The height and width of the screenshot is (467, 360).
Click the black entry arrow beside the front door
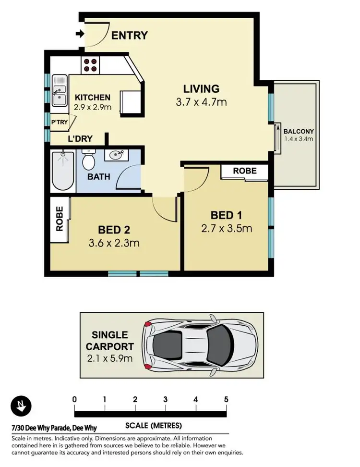pos(79,34)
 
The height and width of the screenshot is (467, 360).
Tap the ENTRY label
pos(129,35)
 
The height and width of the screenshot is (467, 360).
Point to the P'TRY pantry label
pos(60,123)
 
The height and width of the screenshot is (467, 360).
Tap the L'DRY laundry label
pos(80,138)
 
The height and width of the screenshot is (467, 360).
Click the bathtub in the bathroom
pos(63,170)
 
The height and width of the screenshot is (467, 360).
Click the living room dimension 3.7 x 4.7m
pos(201,102)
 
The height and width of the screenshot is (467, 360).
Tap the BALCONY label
pos(298,131)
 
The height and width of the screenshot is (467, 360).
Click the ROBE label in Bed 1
pos(244,171)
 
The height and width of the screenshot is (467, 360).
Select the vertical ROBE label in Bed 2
pos(60,219)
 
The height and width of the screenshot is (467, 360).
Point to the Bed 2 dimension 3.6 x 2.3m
pos(114,243)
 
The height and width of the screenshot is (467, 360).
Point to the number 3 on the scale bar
pos(165,399)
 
